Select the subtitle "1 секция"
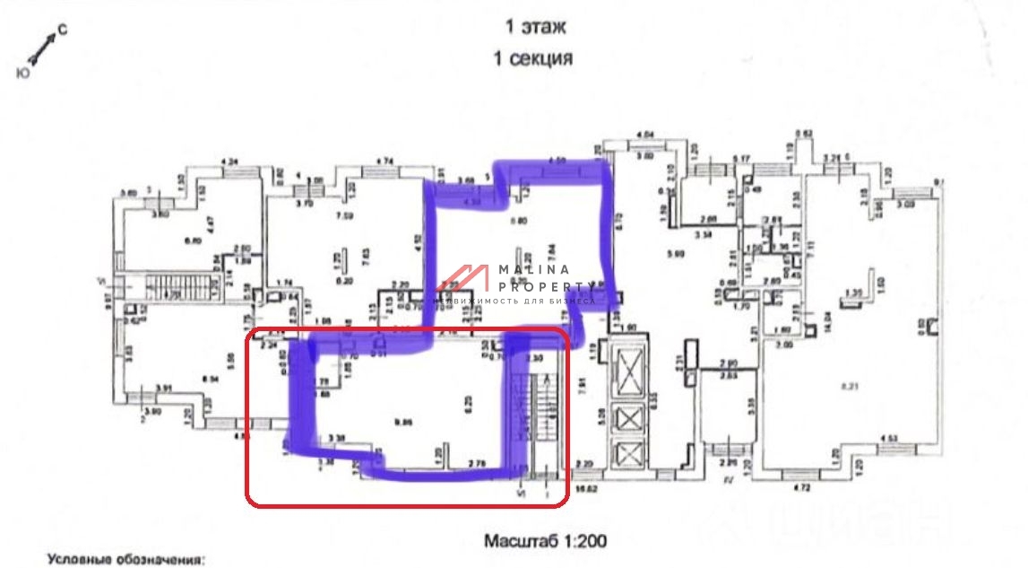[x=534, y=59]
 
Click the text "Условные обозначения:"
[x=127, y=560]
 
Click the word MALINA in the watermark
[x=535, y=269]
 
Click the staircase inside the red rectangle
[x=540, y=422]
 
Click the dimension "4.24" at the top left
[x=230, y=162]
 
